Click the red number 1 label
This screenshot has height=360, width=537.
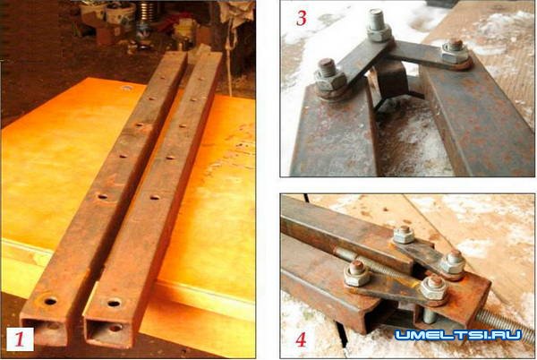[x=20, y=339]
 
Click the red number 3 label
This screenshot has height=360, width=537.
[x=301, y=18]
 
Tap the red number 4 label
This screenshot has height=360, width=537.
[x=301, y=339]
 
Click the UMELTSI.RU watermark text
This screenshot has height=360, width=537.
[x=458, y=335]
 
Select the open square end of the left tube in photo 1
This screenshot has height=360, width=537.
[x=45, y=330]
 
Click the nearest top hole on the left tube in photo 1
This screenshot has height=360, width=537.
[x=50, y=302]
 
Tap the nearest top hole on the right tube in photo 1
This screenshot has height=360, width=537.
[x=114, y=304]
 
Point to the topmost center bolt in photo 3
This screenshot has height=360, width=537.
[x=379, y=25]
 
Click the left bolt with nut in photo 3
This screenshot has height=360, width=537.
[x=330, y=77]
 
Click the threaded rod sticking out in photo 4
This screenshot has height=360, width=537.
[x=504, y=323]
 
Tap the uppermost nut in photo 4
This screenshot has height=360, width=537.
[x=404, y=235]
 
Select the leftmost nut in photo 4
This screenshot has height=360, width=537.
[x=357, y=273]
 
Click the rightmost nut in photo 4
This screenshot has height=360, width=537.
[x=453, y=261]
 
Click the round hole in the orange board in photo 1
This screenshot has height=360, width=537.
[x=126, y=89]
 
